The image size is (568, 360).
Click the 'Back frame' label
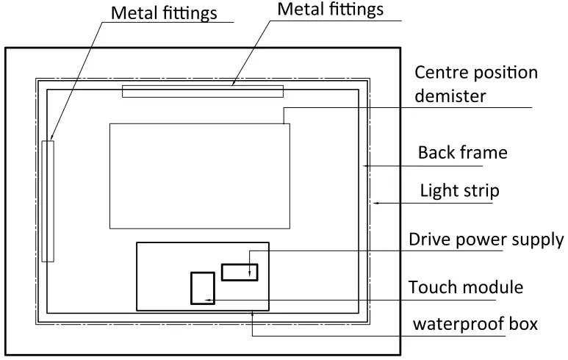pyautogui.click(x=462, y=153)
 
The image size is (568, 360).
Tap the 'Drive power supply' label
pyautogui.click(x=486, y=240)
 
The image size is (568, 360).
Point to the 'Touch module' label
pyautogui.click(x=465, y=287)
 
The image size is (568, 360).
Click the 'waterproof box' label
pyautogui.click(x=475, y=324)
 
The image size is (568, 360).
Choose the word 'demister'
pyautogui.click(x=450, y=96)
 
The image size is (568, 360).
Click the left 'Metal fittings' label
pyautogui.click(x=164, y=13)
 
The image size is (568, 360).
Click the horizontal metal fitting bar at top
pyautogui.click(x=202, y=91)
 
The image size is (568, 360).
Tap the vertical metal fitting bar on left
pyautogui.click(x=48, y=201)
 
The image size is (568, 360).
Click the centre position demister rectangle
pyautogui.click(x=199, y=176)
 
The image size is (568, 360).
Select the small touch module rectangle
pyautogui.click(x=202, y=288)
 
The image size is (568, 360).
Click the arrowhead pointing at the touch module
pyautogui.click(x=209, y=300)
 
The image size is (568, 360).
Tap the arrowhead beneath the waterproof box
pyautogui.click(x=252, y=314)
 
